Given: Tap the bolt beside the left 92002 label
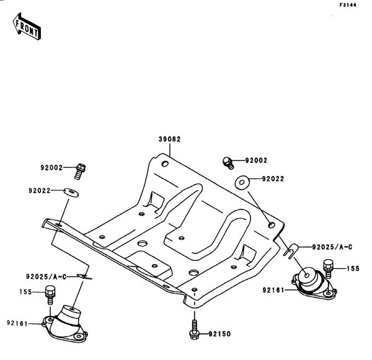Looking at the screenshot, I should tap(81, 167).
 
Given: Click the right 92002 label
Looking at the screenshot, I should tap(255, 160).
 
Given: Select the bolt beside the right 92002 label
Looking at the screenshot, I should tap(228, 162).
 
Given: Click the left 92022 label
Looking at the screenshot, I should tap(39, 191).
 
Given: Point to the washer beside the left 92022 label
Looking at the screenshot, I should tap(73, 191).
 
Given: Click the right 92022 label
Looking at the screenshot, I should tap(273, 179).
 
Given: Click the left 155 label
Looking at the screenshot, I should tap(25, 292).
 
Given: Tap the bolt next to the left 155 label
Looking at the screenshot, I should tap(50, 298).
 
